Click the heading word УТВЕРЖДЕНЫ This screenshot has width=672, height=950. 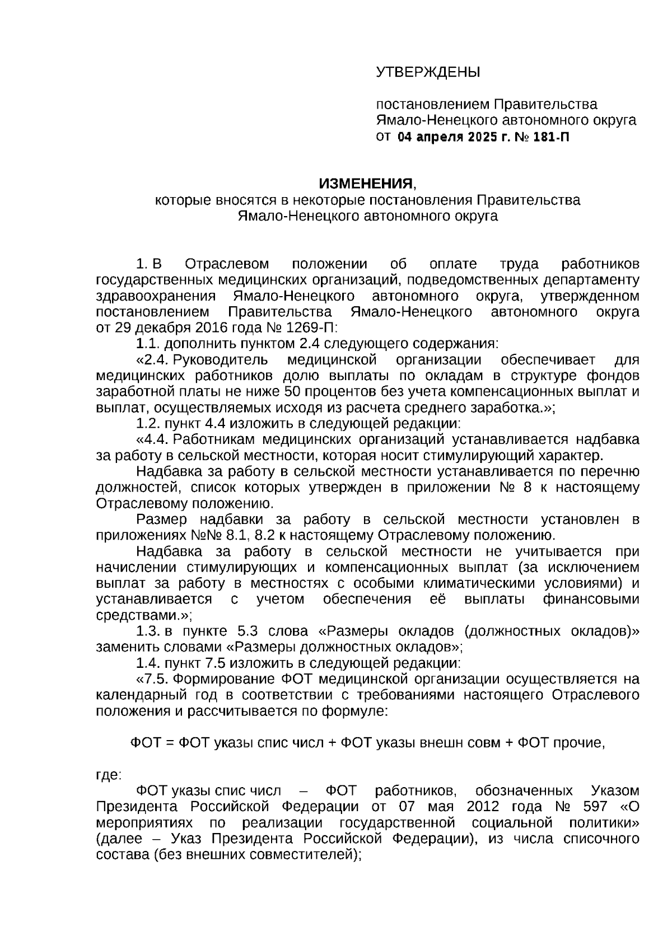pyautogui.click(x=428, y=72)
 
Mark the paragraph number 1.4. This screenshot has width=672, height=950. pyautogui.click(x=148, y=663)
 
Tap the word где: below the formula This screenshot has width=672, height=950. pyautogui.click(x=109, y=775)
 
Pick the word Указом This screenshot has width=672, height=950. pyautogui.click(x=615, y=790)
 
